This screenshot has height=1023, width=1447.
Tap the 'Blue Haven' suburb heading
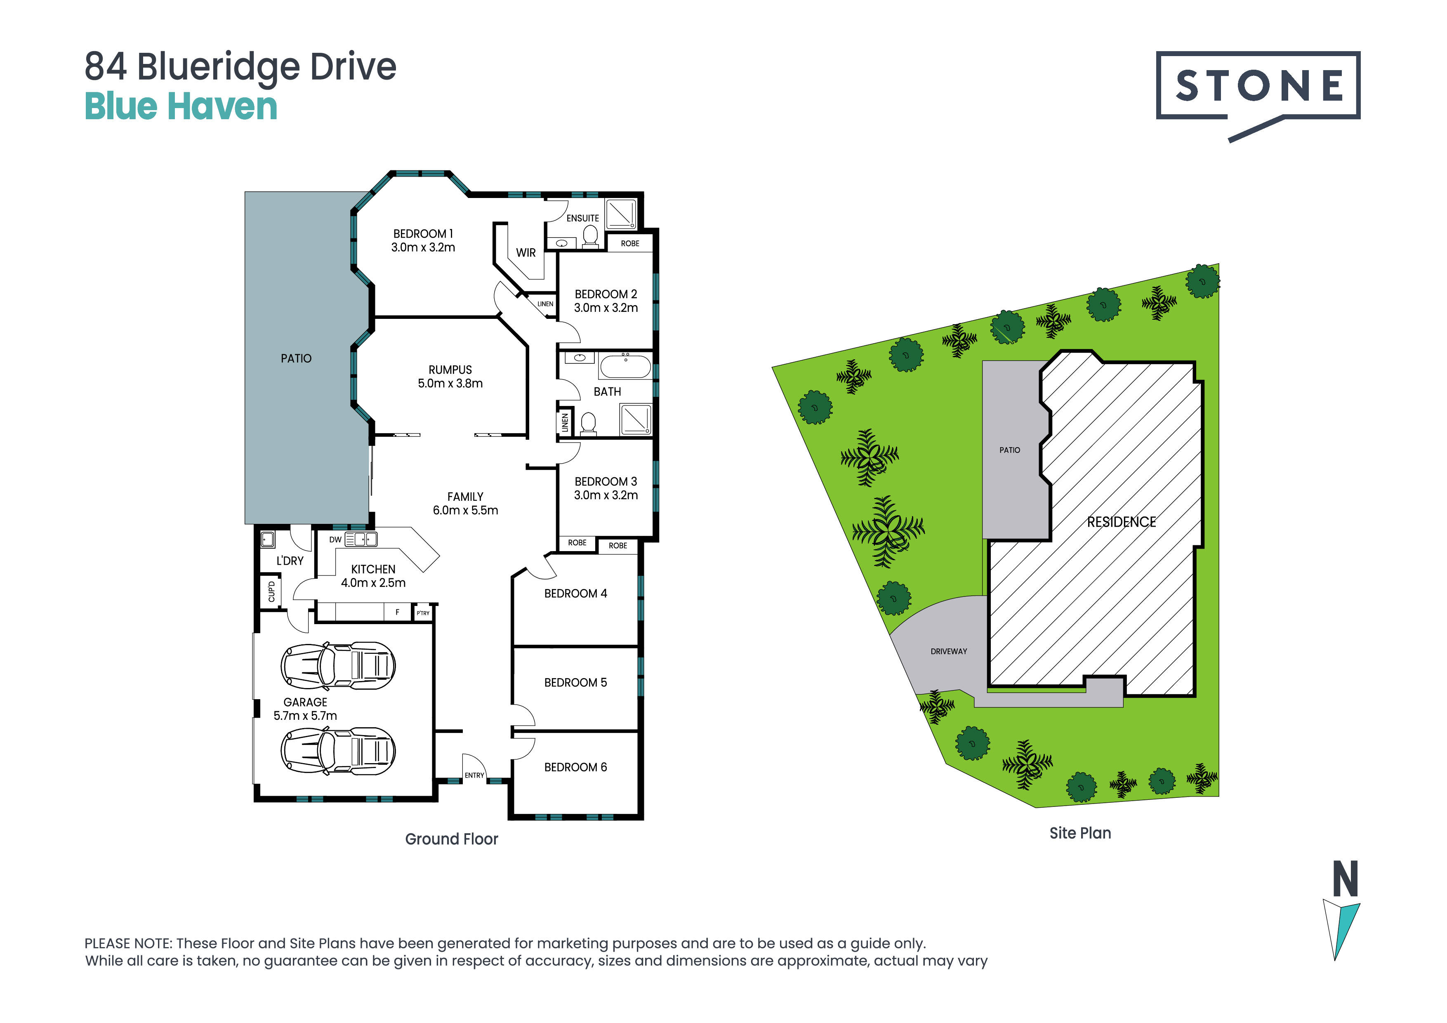point(181,106)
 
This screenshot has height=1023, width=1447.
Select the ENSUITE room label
point(582,218)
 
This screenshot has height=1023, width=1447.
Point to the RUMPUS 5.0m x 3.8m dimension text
point(450,376)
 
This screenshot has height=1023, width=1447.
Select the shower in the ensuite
point(621,214)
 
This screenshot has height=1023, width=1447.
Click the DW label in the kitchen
point(335,540)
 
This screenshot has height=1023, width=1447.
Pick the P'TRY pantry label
point(423,613)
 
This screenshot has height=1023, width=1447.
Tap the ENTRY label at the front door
point(474,775)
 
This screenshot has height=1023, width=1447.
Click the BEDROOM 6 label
point(575,767)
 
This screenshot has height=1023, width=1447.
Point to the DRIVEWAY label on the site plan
point(948,651)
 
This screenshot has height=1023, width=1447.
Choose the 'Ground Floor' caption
point(451,839)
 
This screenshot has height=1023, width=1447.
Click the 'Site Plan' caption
point(1080,833)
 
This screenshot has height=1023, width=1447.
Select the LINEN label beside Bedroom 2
point(545,304)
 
